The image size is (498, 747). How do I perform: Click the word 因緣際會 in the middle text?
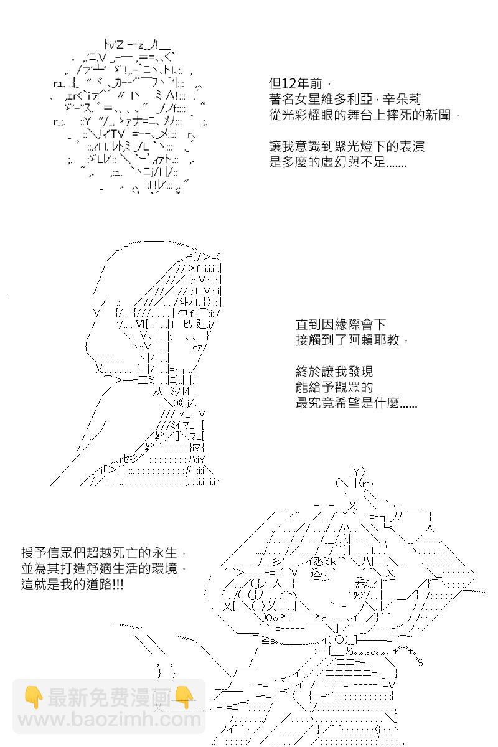coord(347,324)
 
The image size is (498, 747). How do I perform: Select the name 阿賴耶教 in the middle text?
coord(374,340)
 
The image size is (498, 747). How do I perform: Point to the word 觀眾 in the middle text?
coord(347,387)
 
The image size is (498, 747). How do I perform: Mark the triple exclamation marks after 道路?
coord(118,585)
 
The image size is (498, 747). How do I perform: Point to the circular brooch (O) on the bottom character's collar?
coord(339,640)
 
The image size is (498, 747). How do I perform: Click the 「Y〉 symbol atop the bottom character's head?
coord(357,472)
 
